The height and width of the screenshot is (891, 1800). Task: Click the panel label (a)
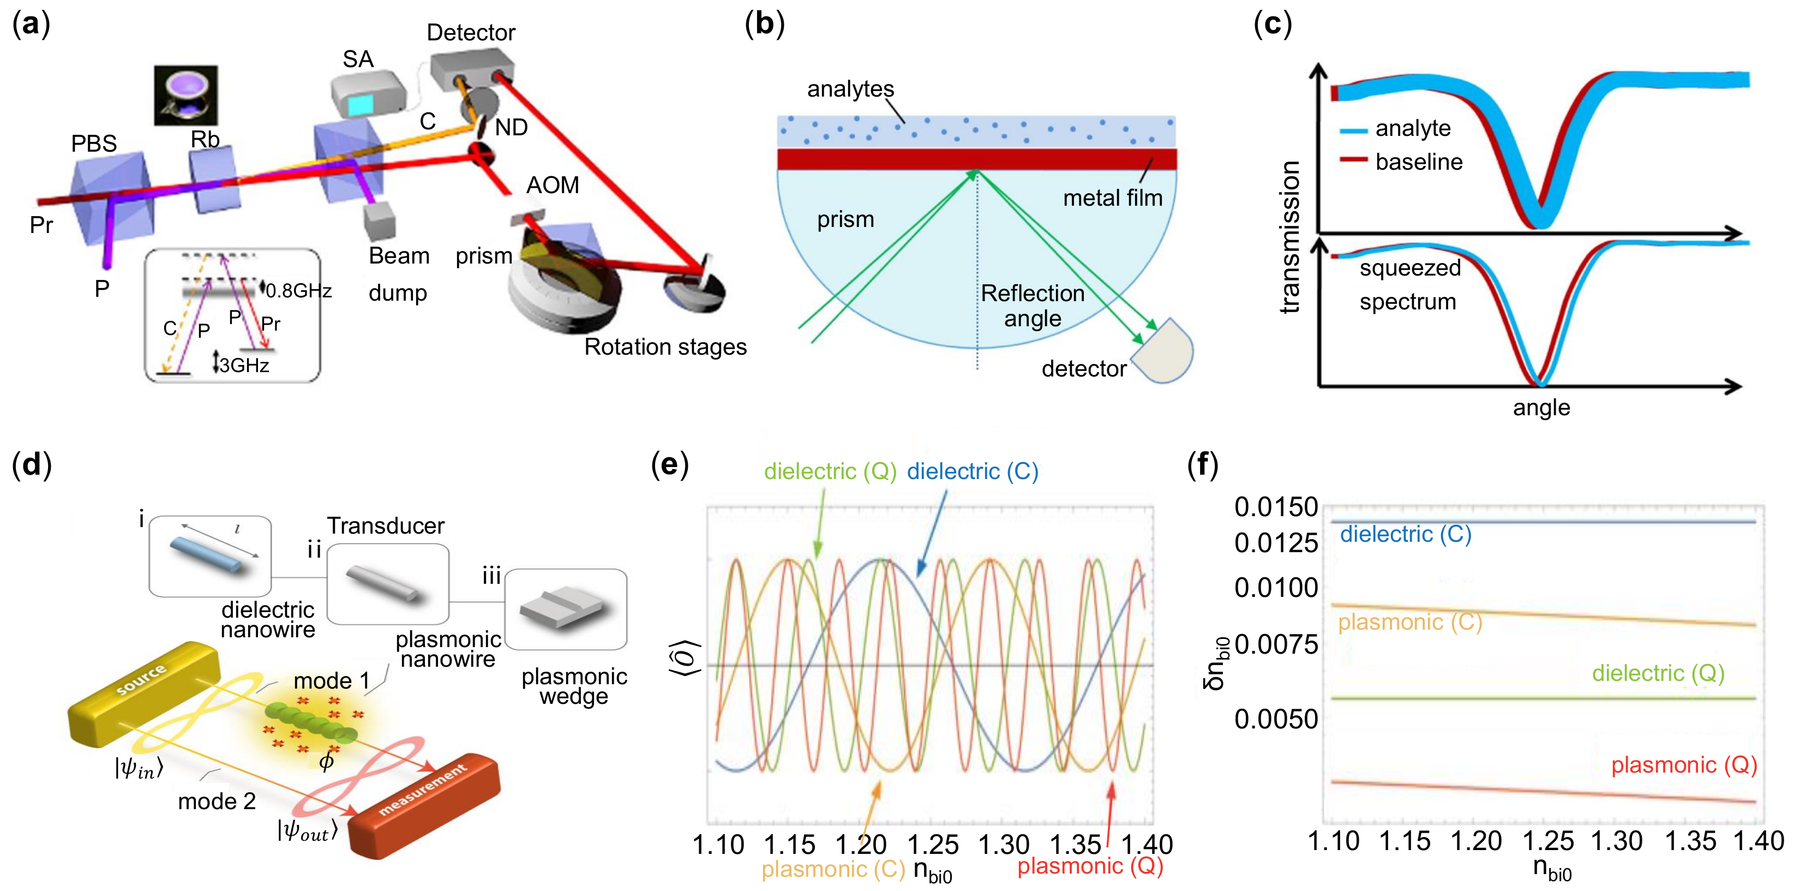32,25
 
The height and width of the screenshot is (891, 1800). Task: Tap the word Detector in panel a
470,32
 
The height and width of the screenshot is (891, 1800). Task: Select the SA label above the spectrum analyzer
358,59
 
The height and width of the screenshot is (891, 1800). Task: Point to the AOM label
552,185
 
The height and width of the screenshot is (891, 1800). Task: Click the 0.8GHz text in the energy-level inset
298,291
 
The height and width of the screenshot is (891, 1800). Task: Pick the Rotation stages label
665,346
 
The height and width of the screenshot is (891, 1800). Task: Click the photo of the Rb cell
186,95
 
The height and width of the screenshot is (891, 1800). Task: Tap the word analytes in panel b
850,89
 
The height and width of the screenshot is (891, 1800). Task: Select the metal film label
1112,199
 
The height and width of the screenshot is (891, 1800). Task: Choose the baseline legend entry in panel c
1419,162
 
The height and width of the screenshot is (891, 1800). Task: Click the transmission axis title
1290,237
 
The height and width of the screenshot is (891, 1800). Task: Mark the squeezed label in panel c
1410,268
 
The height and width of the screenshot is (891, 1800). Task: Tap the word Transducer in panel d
386,525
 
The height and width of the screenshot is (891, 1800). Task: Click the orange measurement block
425,807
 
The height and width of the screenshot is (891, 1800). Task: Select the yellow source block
143,692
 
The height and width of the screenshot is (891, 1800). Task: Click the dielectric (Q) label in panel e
830,472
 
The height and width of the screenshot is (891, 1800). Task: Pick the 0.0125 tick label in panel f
1276,543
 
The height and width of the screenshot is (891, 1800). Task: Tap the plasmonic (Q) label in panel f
1684,765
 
